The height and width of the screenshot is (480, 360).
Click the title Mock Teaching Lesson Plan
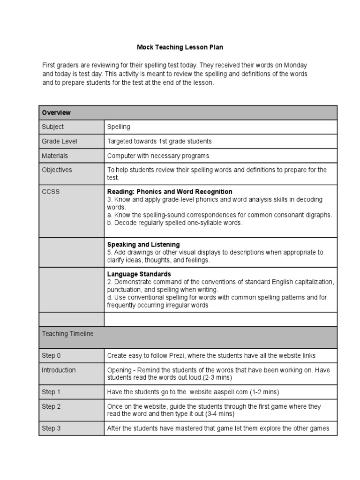pos(180,47)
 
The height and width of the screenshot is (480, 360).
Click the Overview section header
pos(56,112)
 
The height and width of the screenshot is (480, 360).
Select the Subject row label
pos(52,127)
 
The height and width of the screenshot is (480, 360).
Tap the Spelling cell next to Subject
pos(119,127)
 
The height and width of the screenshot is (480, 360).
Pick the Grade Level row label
pos(60,141)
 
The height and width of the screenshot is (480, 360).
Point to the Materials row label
pos(55,156)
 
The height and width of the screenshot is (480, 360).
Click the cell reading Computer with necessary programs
pos(158,156)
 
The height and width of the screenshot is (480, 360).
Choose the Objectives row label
pos(57,170)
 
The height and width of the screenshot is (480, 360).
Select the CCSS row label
pos(51,192)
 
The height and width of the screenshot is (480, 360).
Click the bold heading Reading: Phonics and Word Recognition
pos(170,192)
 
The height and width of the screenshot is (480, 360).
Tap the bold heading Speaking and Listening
pos(143,245)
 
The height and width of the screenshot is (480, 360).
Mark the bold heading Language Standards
pos(139,274)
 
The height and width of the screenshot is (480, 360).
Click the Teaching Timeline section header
pos(67,334)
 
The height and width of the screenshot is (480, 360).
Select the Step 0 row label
pos(51,356)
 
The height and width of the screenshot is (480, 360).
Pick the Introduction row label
pos(59,370)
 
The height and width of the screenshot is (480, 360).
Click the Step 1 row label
pos(51,392)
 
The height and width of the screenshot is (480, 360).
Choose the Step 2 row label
pos(51,406)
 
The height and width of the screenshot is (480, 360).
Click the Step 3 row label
pos(51,428)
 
